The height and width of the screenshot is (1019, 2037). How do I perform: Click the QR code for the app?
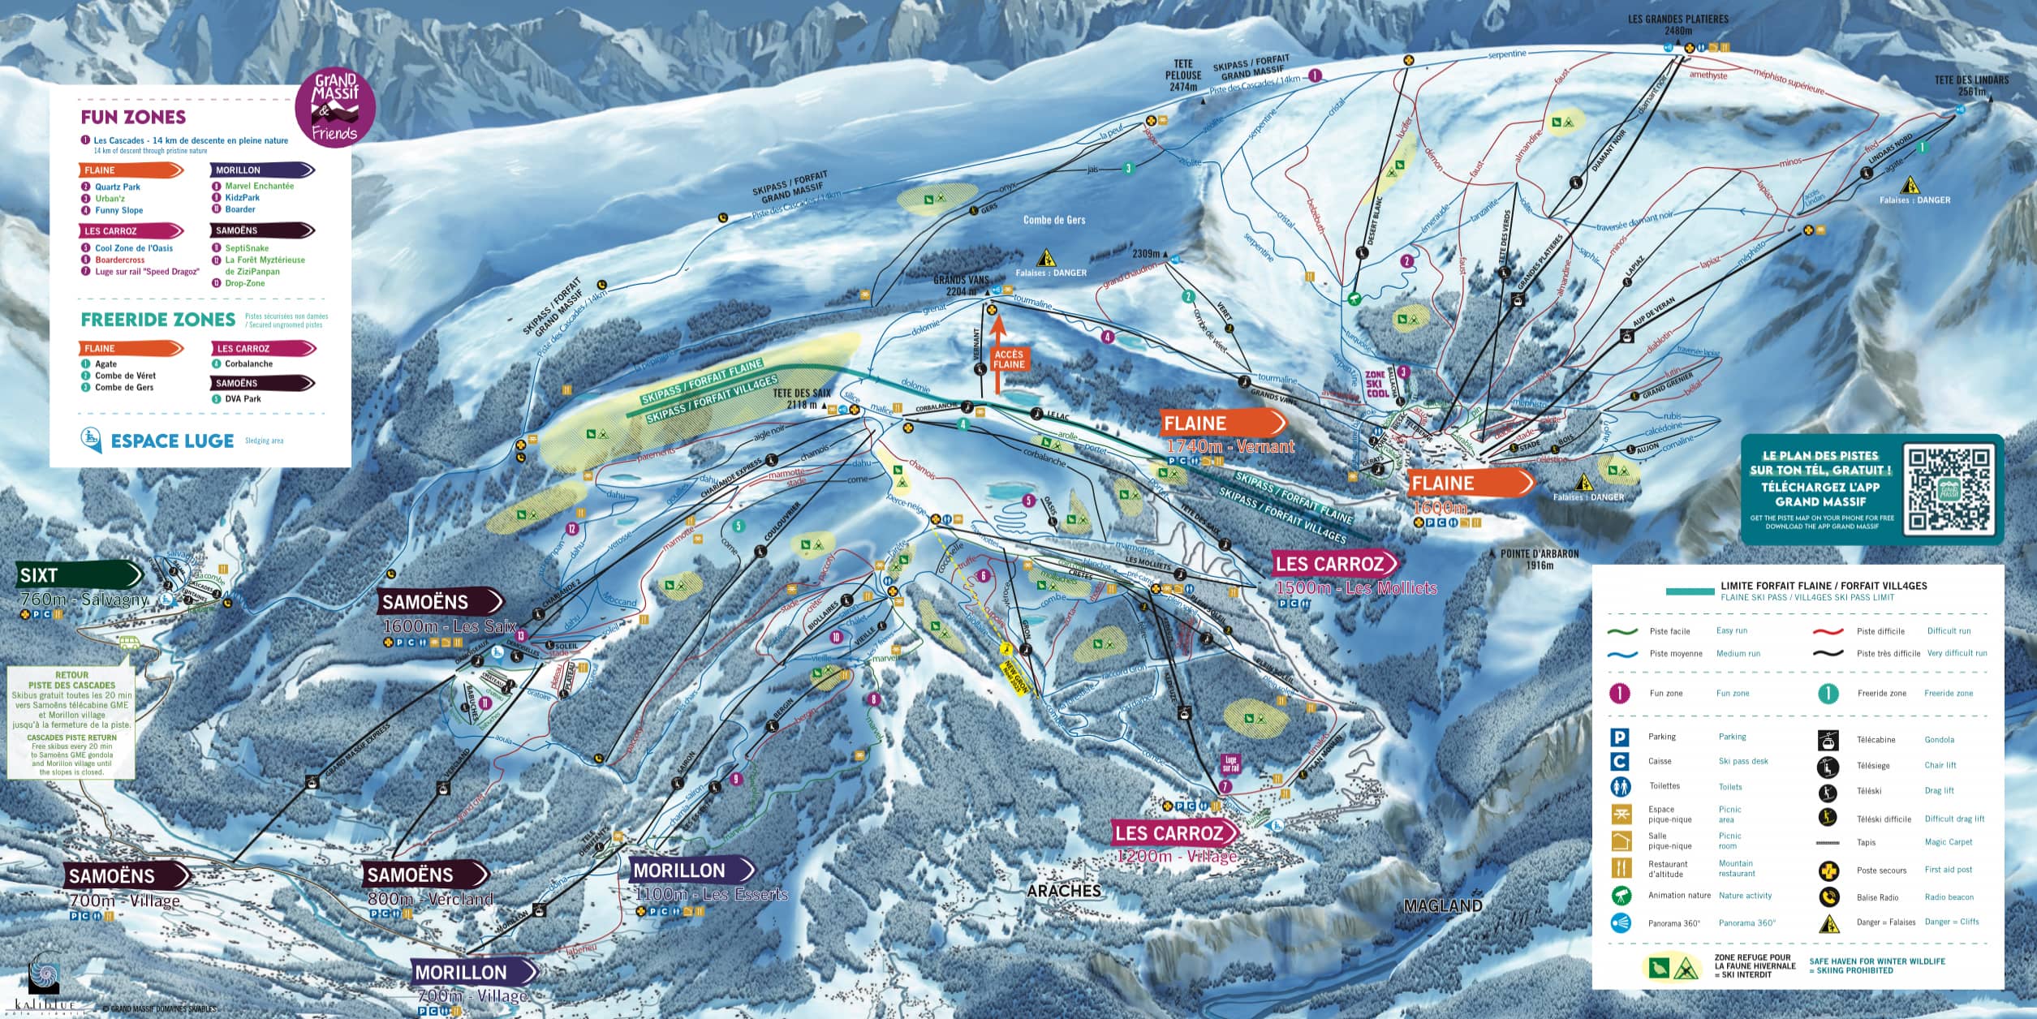click(x=1948, y=490)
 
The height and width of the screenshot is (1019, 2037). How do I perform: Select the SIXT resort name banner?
click(x=78, y=575)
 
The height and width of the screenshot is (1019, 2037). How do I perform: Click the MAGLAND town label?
click(x=1443, y=905)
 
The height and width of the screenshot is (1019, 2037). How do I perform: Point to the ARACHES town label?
click(x=1064, y=891)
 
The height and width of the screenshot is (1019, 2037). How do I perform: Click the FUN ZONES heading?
click(x=133, y=117)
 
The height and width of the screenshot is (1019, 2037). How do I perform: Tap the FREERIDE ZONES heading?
click(x=158, y=319)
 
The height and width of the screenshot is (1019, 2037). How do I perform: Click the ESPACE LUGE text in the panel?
click(x=172, y=441)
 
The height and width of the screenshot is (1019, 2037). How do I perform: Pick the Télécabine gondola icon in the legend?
click(x=1828, y=740)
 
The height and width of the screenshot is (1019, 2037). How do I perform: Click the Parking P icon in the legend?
click(x=1620, y=737)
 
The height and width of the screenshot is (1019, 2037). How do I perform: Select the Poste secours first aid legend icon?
click(x=1828, y=871)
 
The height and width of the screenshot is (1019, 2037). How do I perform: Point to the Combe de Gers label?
click(x=1053, y=220)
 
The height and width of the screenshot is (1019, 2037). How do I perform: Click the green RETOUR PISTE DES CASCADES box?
click(x=71, y=723)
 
